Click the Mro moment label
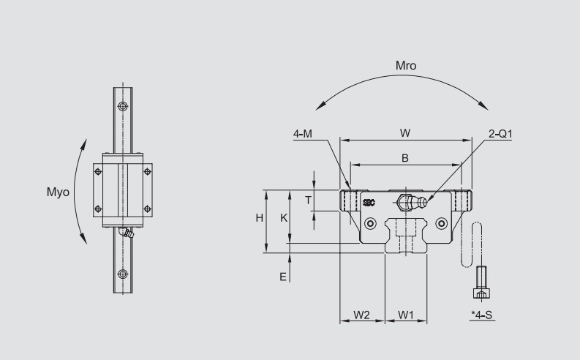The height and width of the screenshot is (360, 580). [406, 66]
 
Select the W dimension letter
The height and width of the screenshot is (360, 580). [404, 132]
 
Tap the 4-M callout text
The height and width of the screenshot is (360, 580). [304, 133]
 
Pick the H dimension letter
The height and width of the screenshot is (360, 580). [259, 218]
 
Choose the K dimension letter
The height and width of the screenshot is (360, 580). [285, 218]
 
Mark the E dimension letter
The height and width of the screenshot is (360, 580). [282, 276]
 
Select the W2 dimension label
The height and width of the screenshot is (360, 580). [362, 315]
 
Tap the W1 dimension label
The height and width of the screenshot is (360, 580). [407, 315]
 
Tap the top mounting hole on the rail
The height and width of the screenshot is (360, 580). [123, 107]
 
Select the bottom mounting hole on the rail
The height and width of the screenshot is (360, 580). [123, 274]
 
